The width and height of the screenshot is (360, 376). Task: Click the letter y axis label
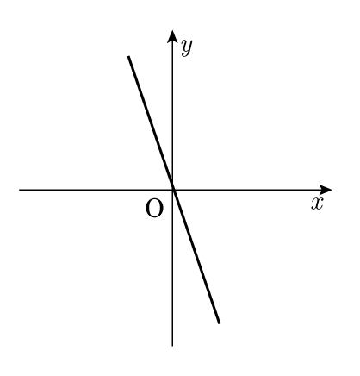click(187, 47)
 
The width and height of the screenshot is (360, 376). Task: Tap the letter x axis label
click(317, 204)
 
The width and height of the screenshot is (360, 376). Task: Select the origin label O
click(154, 209)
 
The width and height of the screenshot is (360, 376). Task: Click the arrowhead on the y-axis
click(172, 36)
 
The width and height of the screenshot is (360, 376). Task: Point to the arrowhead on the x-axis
click(326, 190)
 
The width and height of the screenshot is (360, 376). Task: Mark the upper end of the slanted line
click(128, 56)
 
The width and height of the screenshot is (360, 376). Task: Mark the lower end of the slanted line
click(220, 323)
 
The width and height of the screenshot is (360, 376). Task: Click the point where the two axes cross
click(172, 190)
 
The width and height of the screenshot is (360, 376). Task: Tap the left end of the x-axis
click(20, 190)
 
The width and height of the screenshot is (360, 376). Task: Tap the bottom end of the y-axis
click(172, 346)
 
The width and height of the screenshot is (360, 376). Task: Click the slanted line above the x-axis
click(151, 123)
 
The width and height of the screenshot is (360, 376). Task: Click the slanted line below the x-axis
click(196, 256)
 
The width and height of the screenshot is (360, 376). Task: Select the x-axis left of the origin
click(96, 190)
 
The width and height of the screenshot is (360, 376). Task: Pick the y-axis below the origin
click(172, 268)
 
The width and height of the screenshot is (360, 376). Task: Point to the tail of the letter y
click(183, 55)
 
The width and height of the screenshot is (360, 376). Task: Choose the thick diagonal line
click(174, 190)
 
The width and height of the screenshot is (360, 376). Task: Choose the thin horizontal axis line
click(176, 190)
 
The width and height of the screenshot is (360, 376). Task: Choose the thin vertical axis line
click(172, 188)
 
